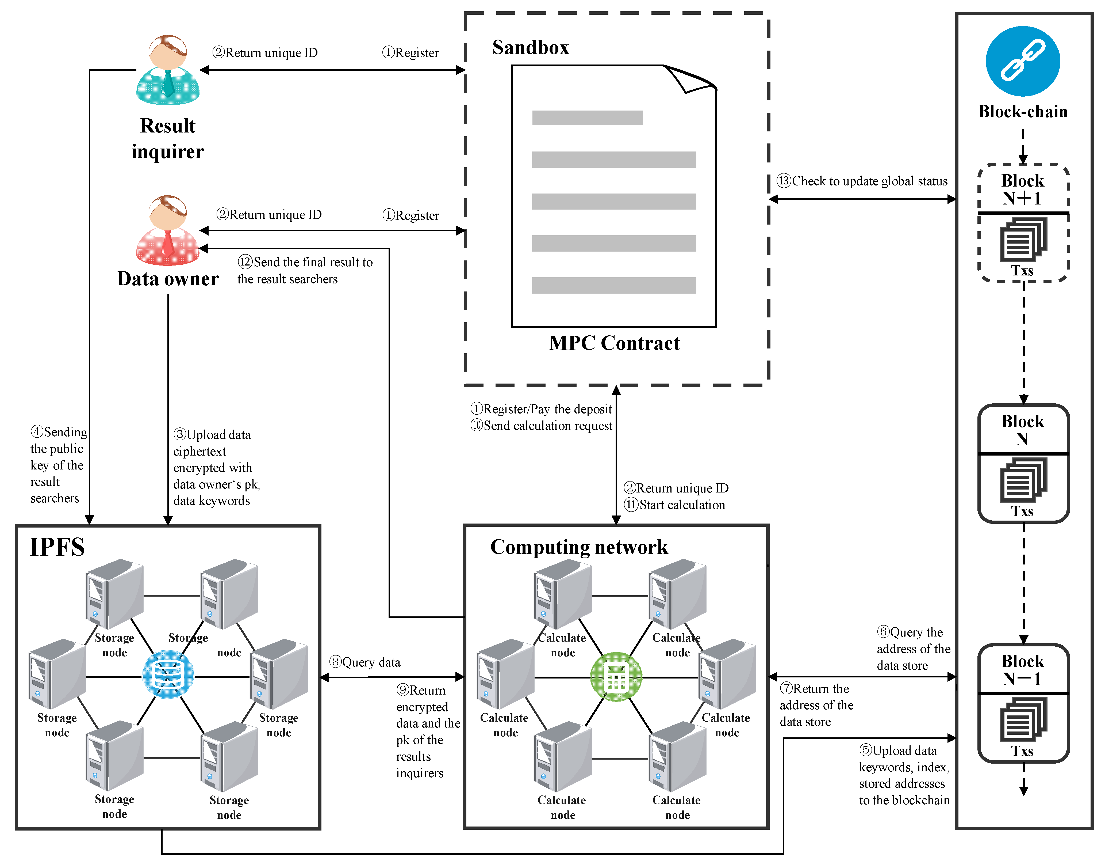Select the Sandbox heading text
[x=531, y=47]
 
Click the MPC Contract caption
[x=614, y=343]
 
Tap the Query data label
[x=371, y=662]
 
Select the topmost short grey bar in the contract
[x=587, y=117]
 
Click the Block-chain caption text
[x=1023, y=111]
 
